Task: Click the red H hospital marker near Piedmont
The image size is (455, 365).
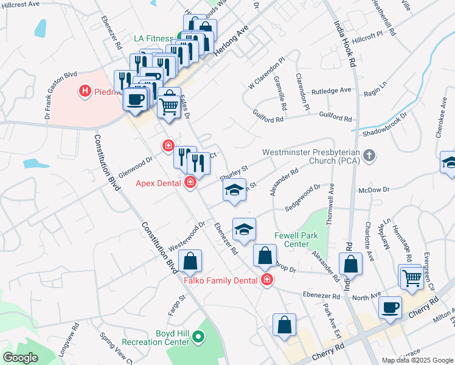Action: pos(85,91)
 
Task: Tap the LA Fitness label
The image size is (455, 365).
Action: pos(155,38)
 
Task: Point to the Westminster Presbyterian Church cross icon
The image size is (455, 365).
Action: pos(368,156)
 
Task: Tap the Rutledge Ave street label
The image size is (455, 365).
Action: pos(332,91)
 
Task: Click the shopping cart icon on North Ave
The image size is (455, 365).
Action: pos(412,277)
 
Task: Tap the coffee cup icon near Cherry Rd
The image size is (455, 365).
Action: pos(390,307)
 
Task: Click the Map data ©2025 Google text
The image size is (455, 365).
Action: pos(417,360)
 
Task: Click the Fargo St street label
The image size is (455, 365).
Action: pos(176,308)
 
